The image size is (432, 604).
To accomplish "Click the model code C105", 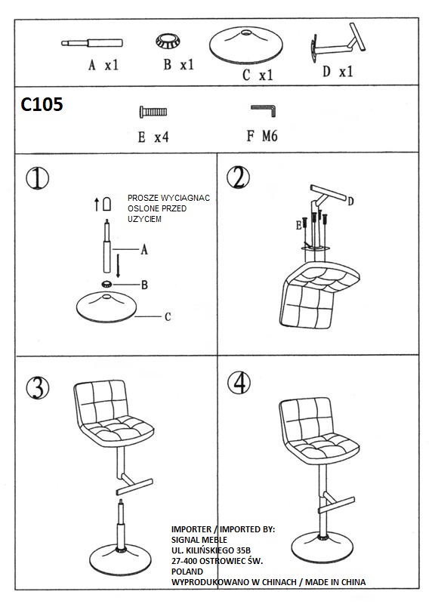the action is coord(42,104).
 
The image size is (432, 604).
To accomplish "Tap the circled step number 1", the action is coord(37,178).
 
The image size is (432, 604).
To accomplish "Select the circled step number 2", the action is coord(238,177).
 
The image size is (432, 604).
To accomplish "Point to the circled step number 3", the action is coord(38,387).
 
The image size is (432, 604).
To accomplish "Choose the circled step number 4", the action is coord(239,383).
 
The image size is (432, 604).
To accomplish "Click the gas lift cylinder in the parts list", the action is coord(92,43).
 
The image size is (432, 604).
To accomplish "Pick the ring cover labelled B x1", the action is coord(168,41).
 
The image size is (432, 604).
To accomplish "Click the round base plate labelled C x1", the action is coord(246,45).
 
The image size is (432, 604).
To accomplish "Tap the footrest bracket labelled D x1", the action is coord(337,43).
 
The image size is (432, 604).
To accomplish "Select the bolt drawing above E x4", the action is coord(153,112).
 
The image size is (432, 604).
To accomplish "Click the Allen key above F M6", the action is coord(264,110).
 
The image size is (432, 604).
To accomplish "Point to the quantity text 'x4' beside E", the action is coord(162,137).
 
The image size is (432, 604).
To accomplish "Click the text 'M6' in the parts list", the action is coord(270,136).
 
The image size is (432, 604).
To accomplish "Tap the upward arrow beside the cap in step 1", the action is coord(97,204).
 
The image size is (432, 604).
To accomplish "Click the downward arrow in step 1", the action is coord(118,266).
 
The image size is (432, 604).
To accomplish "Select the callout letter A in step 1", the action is coord(144,250).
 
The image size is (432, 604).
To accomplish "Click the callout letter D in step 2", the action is coord(350,201).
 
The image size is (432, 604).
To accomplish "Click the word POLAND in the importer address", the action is coord(187,572).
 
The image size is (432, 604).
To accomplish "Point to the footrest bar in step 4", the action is coord(336,505).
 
